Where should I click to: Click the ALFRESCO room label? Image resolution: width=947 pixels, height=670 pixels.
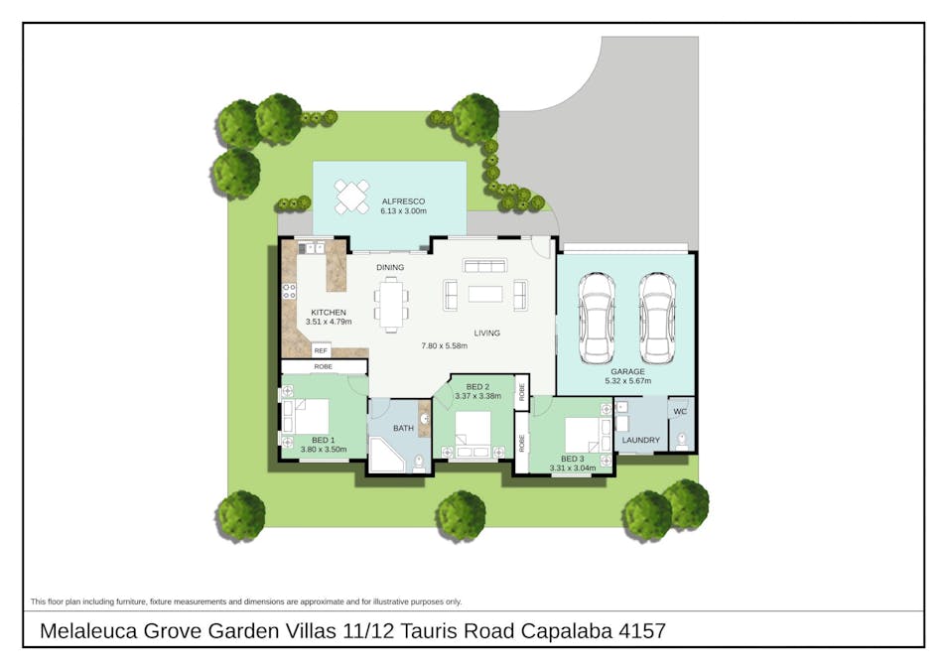pyautogui.click(x=403, y=201)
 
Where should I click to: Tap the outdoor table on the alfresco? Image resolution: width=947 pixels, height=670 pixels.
pyautogui.click(x=351, y=197)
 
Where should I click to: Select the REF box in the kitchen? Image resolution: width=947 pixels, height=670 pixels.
pyautogui.click(x=321, y=350)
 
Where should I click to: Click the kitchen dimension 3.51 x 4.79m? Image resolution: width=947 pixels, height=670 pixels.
pyautogui.click(x=329, y=322)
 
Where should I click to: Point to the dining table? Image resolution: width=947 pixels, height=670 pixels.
pyautogui.click(x=391, y=305)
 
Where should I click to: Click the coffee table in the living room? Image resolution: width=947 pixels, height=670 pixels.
pyautogui.click(x=485, y=294)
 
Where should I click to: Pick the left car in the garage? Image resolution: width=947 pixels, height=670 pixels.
pyautogui.click(x=597, y=319)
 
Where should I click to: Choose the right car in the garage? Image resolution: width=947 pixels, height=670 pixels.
pyautogui.click(x=657, y=319)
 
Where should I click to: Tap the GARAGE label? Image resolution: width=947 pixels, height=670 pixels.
pyautogui.click(x=627, y=371)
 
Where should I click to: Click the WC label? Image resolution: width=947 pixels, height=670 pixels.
pyautogui.click(x=680, y=411)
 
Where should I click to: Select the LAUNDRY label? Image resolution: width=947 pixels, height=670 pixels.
pyautogui.click(x=641, y=440)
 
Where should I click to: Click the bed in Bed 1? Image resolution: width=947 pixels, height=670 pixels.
pyautogui.click(x=306, y=416)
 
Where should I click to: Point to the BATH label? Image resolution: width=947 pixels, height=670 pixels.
pyautogui.click(x=403, y=428)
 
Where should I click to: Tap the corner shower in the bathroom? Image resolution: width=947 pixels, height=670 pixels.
pyautogui.click(x=385, y=456)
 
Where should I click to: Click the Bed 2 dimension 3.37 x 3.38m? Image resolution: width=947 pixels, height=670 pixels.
pyautogui.click(x=477, y=396)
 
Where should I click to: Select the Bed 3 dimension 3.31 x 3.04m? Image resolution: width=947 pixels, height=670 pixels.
pyautogui.click(x=572, y=469)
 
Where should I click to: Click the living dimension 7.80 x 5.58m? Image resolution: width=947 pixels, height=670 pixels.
pyautogui.click(x=445, y=346)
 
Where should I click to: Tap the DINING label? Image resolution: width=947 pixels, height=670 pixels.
pyautogui.click(x=390, y=267)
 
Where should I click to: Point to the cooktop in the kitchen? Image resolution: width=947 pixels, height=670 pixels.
pyautogui.click(x=289, y=291)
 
